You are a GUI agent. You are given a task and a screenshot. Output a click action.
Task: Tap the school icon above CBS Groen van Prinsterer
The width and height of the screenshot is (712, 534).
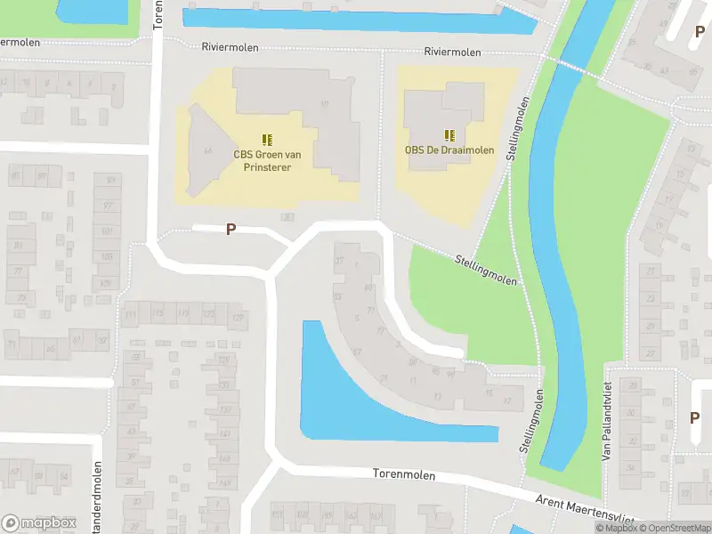coord(266,139)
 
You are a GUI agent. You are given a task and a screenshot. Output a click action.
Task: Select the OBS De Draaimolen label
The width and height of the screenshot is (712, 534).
coord(449,150)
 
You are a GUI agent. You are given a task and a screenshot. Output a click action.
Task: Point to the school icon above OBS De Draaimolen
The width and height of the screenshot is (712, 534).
coord(449,134)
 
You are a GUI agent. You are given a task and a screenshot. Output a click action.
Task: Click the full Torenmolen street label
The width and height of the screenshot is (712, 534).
coord(404,475)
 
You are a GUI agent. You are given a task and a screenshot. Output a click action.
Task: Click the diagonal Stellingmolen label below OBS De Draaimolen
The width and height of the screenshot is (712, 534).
coord(486,269)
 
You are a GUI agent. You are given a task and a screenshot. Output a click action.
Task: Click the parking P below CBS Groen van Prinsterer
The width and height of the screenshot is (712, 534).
coord(231,230)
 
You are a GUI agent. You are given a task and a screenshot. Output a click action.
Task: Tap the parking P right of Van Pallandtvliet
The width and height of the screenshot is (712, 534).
coord(694,417)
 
